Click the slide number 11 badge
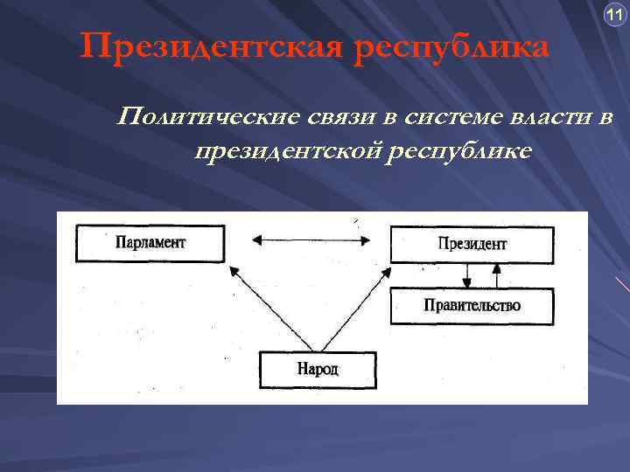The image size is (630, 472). pos(612,15)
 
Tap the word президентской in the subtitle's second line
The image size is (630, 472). pos(288,151)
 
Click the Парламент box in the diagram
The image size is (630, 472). pos(150,243)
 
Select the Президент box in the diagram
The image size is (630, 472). pos(472,244)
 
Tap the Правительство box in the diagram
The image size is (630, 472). pos(472,306)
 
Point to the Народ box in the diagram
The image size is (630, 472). pos(318,369)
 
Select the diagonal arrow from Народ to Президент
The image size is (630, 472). pos(353,309)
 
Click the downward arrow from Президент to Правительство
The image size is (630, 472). pos(468,275)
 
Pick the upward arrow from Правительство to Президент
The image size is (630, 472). pos(497,275)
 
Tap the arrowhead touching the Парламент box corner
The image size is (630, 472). pos(234,271)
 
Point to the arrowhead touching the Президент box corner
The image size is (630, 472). pos(386,271)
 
